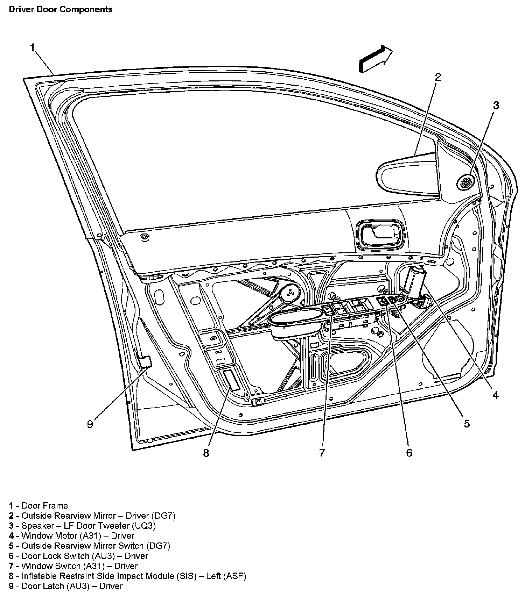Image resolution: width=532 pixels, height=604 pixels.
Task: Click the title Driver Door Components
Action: point(61,9)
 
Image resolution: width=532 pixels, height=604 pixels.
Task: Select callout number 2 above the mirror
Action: point(438,77)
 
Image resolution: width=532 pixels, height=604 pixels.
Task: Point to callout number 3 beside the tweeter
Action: point(496,105)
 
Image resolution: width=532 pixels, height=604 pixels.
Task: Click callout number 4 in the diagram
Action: point(495,395)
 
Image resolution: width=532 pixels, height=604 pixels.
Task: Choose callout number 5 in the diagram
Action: point(467,424)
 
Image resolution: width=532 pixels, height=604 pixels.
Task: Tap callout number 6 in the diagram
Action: point(409,452)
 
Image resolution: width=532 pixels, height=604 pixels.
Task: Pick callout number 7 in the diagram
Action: point(322,452)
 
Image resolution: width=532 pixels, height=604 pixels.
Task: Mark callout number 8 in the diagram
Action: point(206,453)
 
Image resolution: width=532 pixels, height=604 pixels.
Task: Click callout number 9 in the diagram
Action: point(90,424)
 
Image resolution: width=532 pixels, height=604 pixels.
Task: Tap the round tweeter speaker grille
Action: point(466,182)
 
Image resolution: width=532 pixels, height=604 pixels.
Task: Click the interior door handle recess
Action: point(379,235)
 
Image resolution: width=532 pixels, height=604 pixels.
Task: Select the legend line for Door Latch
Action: point(66,586)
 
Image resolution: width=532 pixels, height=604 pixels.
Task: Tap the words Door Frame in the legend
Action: point(44,505)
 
